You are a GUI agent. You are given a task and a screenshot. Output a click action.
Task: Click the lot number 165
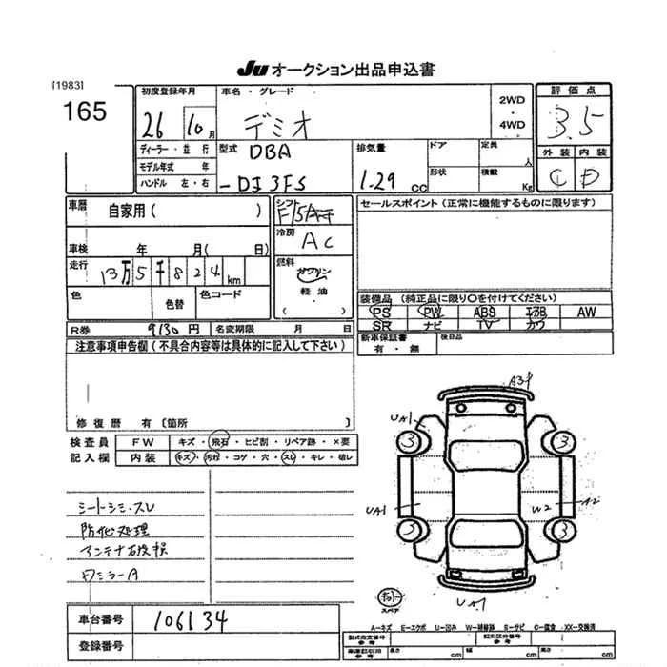[86, 111]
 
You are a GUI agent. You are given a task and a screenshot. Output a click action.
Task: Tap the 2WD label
[512, 101]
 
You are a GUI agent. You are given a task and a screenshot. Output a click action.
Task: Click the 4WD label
[512, 124]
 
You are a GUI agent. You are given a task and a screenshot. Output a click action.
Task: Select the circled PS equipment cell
[382, 312]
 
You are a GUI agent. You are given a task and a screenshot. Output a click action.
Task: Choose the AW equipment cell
[585, 312]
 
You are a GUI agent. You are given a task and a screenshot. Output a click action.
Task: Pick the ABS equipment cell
[484, 312]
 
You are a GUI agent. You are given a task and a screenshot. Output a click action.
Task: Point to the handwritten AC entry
[312, 242]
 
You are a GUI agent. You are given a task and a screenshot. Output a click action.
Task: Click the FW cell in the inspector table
[139, 443]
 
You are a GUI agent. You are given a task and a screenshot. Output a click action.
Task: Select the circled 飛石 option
[219, 443]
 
